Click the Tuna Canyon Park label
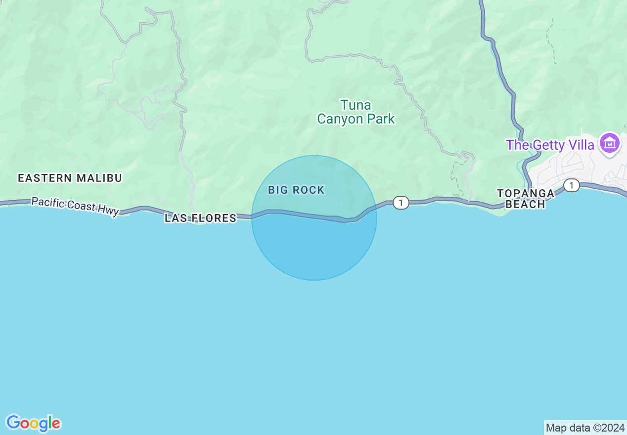[x=356, y=112]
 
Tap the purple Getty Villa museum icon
[x=610, y=144]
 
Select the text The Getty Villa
[x=550, y=145]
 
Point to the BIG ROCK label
[x=296, y=190]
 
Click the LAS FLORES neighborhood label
[x=200, y=218]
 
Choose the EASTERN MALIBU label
[x=70, y=178]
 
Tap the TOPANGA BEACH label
[x=525, y=199]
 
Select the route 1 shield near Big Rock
[x=401, y=202]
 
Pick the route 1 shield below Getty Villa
[x=572, y=185]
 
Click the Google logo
[x=33, y=423]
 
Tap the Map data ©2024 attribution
[x=585, y=428]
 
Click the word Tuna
[x=356, y=105]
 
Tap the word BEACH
[x=525, y=204]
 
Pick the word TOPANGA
[x=525, y=193]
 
